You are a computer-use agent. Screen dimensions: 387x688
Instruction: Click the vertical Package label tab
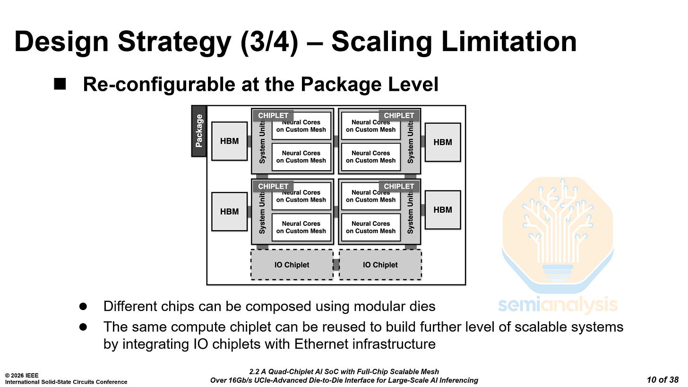(x=199, y=131)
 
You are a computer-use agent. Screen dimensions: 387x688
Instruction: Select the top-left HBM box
(x=229, y=141)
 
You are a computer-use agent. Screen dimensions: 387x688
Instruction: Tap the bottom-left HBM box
(x=229, y=212)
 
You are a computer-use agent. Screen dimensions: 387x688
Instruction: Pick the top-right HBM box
(x=443, y=142)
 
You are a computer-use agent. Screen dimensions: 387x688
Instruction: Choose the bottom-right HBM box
(x=443, y=210)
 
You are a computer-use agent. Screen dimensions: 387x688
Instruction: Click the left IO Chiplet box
(x=292, y=265)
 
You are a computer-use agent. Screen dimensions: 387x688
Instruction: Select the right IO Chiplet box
(x=380, y=265)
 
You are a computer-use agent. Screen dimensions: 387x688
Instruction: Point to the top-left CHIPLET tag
(x=273, y=116)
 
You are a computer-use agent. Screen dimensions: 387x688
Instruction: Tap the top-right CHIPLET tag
(x=399, y=116)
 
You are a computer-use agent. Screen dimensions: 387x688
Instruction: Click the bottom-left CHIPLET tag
(x=273, y=186)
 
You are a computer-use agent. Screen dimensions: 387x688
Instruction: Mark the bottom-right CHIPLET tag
(x=399, y=186)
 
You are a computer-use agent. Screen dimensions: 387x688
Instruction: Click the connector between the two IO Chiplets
(x=336, y=265)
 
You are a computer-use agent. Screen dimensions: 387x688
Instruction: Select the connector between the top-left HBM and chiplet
(x=249, y=141)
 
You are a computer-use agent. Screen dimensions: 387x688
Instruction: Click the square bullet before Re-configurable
(x=60, y=84)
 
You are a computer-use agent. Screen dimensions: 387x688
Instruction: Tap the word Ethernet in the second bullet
(x=324, y=344)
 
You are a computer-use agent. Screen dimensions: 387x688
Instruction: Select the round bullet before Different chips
(x=83, y=306)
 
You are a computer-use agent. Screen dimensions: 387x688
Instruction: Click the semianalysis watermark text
(x=558, y=305)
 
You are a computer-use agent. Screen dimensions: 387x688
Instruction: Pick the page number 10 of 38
(x=662, y=379)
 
